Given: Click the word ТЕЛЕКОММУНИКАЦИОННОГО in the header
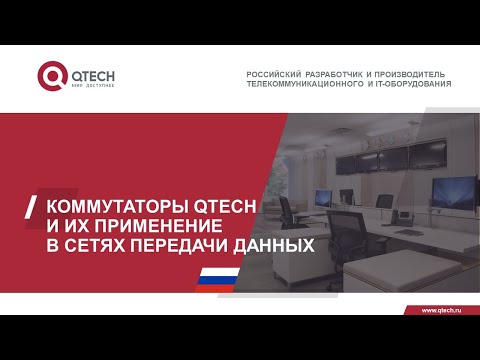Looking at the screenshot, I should (x=310, y=84).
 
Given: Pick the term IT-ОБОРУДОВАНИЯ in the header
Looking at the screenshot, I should (x=416, y=84).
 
